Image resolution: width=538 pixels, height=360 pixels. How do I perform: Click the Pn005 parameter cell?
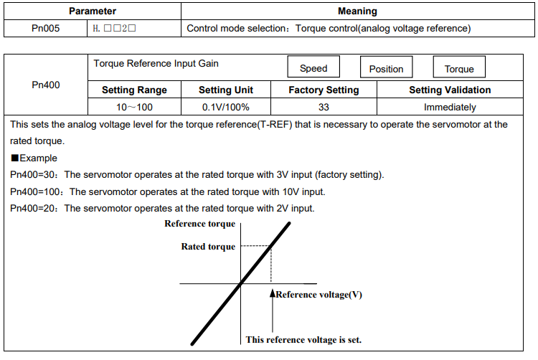pyautogui.click(x=46, y=28)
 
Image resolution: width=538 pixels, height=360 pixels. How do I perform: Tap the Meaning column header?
pyautogui.click(x=357, y=11)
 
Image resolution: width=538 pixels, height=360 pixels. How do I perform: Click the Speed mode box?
pyautogui.click(x=313, y=67)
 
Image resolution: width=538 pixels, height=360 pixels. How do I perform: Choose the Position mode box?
pyautogui.click(x=387, y=67)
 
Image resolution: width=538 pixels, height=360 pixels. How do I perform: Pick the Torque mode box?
pyautogui.click(x=459, y=67)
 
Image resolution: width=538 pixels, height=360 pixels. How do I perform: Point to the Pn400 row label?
pyautogui.click(x=46, y=85)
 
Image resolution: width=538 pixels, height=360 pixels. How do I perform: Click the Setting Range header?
pyautogui.click(x=134, y=90)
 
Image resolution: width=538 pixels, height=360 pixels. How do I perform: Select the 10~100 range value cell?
pyautogui.click(x=134, y=107)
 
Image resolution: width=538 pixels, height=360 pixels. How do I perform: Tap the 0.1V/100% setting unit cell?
pyautogui.click(x=226, y=107)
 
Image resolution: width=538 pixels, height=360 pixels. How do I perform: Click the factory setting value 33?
pyautogui.click(x=324, y=107)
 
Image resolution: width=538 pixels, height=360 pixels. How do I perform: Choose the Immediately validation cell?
pyautogui.click(x=450, y=107)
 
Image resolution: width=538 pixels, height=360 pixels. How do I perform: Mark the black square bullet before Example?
pyautogui.click(x=15, y=158)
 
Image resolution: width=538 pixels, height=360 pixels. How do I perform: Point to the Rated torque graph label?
pyautogui.click(x=208, y=247)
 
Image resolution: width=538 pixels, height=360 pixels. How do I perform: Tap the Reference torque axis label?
pyautogui.click(x=199, y=224)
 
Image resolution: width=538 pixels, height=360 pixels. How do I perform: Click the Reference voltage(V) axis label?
pyautogui.click(x=319, y=295)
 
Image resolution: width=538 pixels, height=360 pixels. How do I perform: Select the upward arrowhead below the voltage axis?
pyautogui.click(x=273, y=293)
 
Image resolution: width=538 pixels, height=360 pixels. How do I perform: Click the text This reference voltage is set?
pyautogui.click(x=303, y=339)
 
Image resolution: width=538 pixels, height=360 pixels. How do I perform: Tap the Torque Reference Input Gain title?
pyautogui.click(x=156, y=63)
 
